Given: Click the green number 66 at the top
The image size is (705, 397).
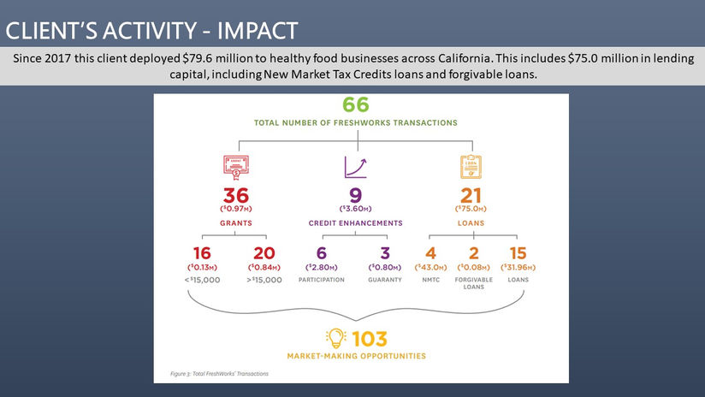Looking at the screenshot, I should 355,106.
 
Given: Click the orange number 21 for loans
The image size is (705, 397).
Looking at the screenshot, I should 471,196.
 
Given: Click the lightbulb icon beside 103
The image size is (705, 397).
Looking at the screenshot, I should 335,337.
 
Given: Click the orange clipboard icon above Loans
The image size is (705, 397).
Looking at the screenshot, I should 471,165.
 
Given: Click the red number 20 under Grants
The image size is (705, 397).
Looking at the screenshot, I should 265,253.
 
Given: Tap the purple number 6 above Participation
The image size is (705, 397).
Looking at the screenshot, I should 322,253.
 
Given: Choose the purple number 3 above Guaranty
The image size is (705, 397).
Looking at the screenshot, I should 384,253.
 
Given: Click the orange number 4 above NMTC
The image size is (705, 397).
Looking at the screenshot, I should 430,253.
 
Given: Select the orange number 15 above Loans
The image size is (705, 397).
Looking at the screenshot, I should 518,253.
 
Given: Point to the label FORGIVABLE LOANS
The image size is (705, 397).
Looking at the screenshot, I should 473,283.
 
